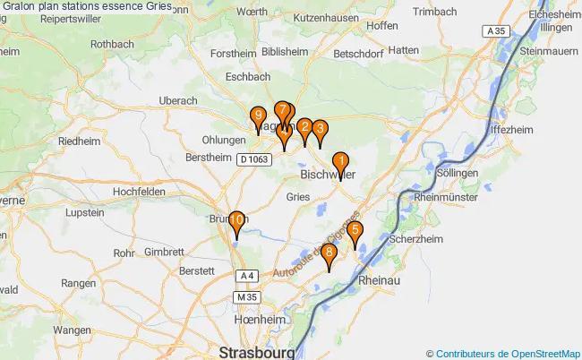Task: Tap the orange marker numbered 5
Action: tap(355, 232)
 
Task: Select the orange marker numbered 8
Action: tap(330, 255)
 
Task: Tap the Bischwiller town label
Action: tap(329, 176)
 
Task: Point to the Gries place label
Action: tap(298, 196)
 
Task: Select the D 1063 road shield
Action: tap(254, 159)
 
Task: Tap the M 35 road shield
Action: tap(246, 296)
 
